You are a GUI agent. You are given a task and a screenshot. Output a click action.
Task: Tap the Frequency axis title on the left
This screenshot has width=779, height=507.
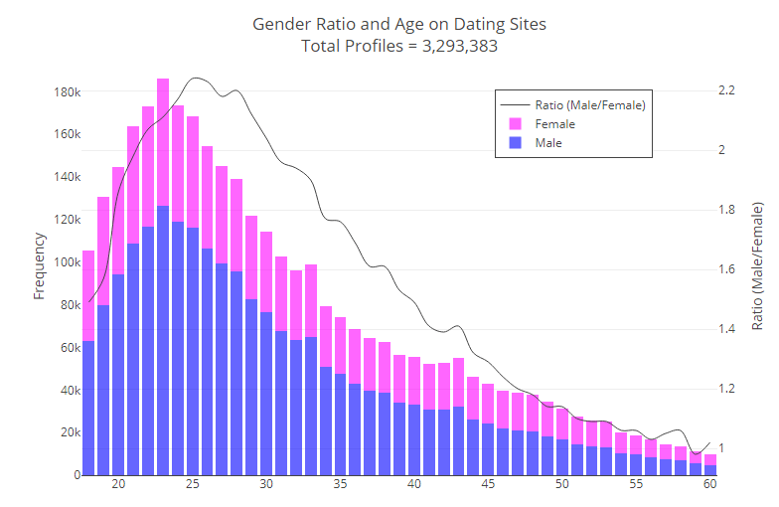40,265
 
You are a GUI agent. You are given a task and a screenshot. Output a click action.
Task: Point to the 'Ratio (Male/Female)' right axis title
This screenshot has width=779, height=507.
758,265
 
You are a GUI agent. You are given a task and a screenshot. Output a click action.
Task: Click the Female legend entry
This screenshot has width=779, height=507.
554,124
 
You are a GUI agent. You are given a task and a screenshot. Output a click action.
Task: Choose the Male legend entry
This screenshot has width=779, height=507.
547,143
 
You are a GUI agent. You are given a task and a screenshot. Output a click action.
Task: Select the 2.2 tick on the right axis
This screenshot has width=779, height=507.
726,90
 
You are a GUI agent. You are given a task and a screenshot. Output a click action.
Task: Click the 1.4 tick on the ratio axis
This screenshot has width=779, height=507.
726,329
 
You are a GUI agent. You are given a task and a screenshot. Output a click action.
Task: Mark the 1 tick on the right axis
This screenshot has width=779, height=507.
721,448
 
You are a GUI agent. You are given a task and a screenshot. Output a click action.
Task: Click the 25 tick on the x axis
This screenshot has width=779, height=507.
193,485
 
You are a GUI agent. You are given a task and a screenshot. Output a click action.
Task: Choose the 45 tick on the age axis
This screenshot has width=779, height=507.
488,485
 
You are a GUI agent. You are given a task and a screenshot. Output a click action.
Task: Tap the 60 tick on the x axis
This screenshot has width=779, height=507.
709,485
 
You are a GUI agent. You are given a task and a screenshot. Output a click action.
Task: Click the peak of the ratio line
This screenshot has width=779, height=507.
196,78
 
